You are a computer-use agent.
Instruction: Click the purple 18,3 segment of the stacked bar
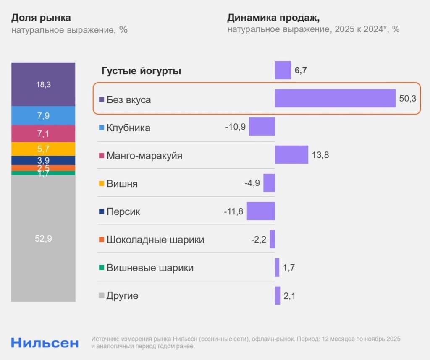[x=43, y=84]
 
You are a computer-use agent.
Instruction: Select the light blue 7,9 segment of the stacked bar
[x=43, y=116]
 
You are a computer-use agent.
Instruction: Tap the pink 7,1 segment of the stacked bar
[x=43, y=134]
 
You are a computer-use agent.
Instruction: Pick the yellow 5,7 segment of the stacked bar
[x=43, y=149]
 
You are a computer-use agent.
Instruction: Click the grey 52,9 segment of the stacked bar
[x=43, y=238]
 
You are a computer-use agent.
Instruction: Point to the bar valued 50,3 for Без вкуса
[x=335, y=98]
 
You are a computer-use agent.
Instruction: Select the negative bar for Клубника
[x=262, y=126]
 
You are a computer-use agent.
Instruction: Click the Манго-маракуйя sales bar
[x=291, y=154]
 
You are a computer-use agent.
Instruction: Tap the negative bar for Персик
[x=261, y=211]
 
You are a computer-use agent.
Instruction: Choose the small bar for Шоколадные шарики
[x=273, y=239]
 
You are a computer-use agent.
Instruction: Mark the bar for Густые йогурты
[x=283, y=70]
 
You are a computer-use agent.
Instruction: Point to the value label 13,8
[x=320, y=155]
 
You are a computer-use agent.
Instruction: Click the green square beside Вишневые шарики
[x=101, y=268]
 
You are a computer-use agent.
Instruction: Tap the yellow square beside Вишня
[x=101, y=184]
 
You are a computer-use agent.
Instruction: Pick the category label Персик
[x=123, y=211]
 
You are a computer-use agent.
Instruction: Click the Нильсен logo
[x=45, y=342]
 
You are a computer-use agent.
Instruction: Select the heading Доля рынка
[x=41, y=18]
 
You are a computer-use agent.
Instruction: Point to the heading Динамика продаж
[x=273, y=18]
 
